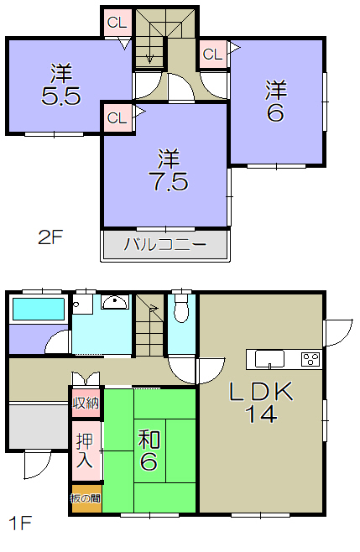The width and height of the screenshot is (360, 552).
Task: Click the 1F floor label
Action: point(20,523)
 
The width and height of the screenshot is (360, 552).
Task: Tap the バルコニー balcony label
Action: point(164,244)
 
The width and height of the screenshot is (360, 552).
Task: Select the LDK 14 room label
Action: point(261,402)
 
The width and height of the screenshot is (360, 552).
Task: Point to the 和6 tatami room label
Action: point(149,450)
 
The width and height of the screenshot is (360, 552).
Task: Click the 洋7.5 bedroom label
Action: point(170,170)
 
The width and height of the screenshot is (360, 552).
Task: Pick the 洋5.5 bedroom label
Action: point(61,85)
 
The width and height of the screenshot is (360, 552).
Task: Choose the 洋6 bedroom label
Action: point(276,102)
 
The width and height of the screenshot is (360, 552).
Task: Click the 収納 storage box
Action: point(86,403)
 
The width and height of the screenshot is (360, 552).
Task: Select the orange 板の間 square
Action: point(86,498)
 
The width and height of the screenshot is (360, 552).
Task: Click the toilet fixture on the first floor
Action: point(181,308)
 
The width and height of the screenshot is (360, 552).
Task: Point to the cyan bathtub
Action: point(39,309)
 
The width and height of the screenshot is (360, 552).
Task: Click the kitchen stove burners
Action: point(310,359)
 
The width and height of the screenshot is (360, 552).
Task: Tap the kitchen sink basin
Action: point(269,359)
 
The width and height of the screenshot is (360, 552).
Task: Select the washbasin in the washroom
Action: point(114,302)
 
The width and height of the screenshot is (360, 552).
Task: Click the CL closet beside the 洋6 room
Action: point(213,55)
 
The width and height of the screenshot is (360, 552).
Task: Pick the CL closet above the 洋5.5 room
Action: point(117,23)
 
